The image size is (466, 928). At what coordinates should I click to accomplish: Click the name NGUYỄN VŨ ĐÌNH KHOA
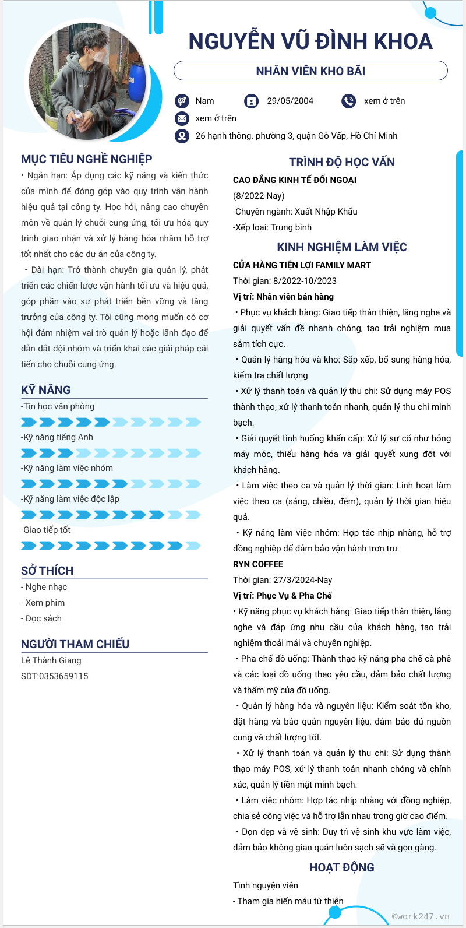pyautogui.click(x=310, y=41)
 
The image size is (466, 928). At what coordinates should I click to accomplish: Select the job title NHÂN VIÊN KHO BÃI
pyautogui.click(x=310, y=71)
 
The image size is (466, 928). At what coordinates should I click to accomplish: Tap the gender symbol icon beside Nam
pyautogui.click(x=182, y=101)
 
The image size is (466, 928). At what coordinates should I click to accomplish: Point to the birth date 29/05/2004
pyautogui.click(x=290, y=101)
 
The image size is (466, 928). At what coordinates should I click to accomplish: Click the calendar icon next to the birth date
pyautogui.click(x=251, y=101)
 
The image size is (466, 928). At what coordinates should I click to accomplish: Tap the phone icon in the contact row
pyautogui.click(x=348, y=101)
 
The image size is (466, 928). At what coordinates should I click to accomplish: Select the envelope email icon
pyautogui.click(x=182, y=118)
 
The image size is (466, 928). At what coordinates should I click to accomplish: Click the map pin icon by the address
pyautogui.click(x=182, y=136)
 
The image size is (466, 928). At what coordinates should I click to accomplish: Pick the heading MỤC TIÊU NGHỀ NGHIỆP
pyautogui.click(x=87, y=159)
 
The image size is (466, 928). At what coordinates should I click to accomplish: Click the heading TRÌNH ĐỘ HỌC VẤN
pyautogui.click(x=342, y=162)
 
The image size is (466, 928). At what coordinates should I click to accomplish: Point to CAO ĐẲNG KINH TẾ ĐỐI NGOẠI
pyautogui.click(x=295, y=180)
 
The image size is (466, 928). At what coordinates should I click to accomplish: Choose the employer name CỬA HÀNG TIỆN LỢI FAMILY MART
pyautogui.click(x=302, y=265)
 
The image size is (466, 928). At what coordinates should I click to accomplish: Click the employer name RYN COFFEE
pyautogui.click(x=258, y=564)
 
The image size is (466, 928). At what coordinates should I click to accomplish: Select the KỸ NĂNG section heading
pyautogui.click(x=46, y=390)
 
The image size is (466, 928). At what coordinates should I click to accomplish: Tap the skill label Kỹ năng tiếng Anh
pyautogui.click(x=58, y=437)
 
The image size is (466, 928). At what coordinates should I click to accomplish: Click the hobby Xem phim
pyautogui.click(x=45, y=603)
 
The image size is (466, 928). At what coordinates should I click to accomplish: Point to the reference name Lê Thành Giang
pyautogui.click(x=51, y=660)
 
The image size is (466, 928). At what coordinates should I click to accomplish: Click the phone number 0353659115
pyautogui.click(x=63, y=676)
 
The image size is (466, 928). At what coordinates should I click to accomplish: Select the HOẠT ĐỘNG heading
pyautogui.click(x=342, y=867)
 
